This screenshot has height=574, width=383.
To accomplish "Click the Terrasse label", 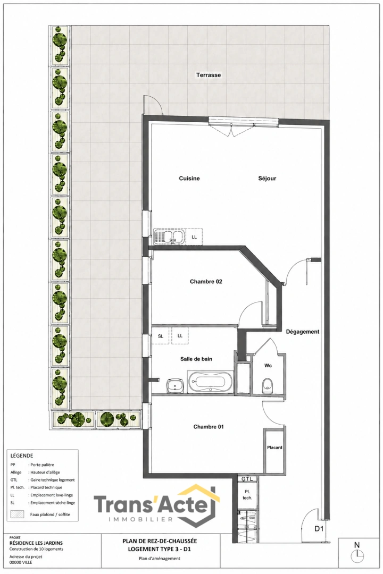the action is click(x=208, y=75).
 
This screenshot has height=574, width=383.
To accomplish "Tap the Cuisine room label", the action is click(x=189, y=179).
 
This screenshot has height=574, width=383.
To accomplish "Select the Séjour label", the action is click(x=267, y=179).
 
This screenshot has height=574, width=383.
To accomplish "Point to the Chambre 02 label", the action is click(x=206, y=282).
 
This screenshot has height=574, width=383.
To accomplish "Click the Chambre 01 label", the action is click(x=209, y=427).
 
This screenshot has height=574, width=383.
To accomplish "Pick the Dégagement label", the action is click(x=303, y=332).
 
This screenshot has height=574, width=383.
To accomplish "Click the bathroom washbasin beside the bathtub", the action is click(x=176, y=385).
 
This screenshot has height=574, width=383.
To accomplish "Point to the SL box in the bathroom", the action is click(x=161, y=336).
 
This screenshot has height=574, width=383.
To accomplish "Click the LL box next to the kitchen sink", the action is click(x=194, y=237).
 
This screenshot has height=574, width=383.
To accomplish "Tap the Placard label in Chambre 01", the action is click(x=274, y=448).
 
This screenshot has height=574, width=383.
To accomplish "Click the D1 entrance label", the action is click(x=319, y=529).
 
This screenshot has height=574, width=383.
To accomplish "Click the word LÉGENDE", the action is click(x=22, y=456).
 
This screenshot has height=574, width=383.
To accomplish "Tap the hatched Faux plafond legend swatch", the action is click(x=17, y=514).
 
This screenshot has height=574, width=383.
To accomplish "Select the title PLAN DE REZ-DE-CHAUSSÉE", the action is click(x=160, y=541).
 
